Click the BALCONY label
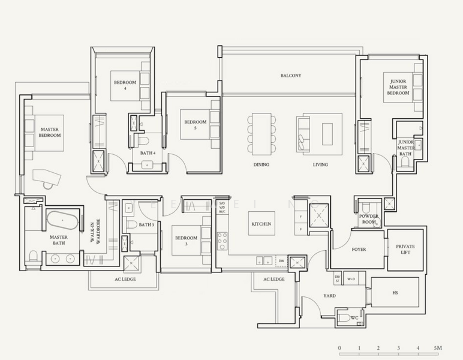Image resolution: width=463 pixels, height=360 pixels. tap(291, 76)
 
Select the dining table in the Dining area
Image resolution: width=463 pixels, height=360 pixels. tap(262, 134)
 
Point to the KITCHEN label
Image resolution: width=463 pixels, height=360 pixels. tap(261, 224)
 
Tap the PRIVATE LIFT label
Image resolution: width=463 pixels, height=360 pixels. tap(405, 250)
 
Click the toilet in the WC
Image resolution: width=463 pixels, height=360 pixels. tap(342, 317)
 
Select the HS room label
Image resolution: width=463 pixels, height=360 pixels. tap(395, 293)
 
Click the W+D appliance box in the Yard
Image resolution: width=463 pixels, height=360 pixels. tap(351, 278)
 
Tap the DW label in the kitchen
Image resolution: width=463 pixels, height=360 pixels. tap(281, 261)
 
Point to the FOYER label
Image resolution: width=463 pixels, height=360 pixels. tap(359, 249)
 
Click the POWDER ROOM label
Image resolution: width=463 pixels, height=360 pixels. tap(368, 219)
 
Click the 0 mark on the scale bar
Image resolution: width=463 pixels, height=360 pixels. tap(339, 348)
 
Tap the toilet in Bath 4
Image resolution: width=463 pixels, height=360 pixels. tap(143, 141)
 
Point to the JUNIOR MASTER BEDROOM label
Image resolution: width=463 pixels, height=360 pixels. tap(398, 88)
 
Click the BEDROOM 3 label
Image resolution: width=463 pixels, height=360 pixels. tap(186, 241)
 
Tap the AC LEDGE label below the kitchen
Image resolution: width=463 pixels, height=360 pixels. tap(273, 279)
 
